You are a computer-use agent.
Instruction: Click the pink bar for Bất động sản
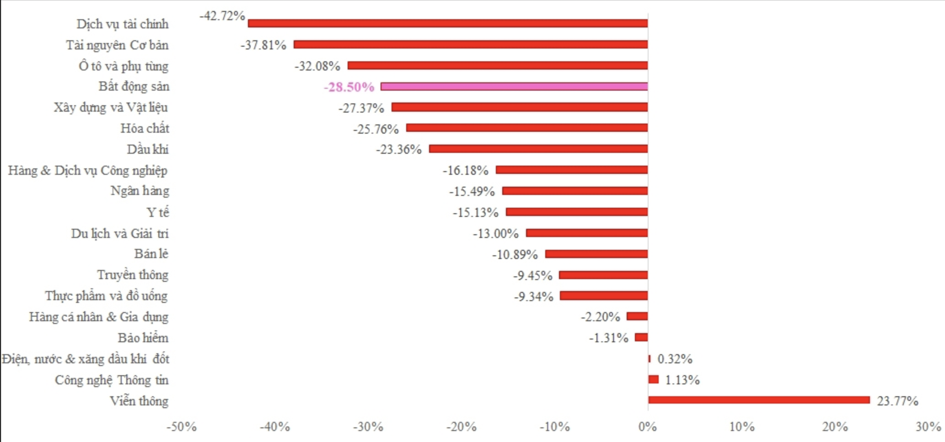(514, 86)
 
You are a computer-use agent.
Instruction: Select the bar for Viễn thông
(759, 400)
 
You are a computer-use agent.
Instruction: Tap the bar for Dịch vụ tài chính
(447, 23)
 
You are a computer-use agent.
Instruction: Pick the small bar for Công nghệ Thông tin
(654, 379)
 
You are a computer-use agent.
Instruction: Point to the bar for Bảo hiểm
(641, 338)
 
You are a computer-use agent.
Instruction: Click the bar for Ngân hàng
(575, 191)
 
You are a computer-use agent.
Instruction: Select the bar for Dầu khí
(538, 149)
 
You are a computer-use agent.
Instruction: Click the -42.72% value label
(222, 16)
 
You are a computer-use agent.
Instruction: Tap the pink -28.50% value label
(349, 87)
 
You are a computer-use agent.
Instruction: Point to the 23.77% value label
(897, 401)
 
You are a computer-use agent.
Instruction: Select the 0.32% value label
(675, 359)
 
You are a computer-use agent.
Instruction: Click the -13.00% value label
(496, 234)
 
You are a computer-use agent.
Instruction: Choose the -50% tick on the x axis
(182, 427)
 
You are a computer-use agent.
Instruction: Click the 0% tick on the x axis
(648, 427)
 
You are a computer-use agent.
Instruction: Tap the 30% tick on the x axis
(928, 427)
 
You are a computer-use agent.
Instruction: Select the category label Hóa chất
(145, 129)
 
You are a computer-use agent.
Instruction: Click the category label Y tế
(158, 213)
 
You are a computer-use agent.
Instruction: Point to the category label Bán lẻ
(151, 254)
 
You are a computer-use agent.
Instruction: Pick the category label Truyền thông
(133, 275)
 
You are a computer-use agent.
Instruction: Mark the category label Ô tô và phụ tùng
(123, 66)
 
